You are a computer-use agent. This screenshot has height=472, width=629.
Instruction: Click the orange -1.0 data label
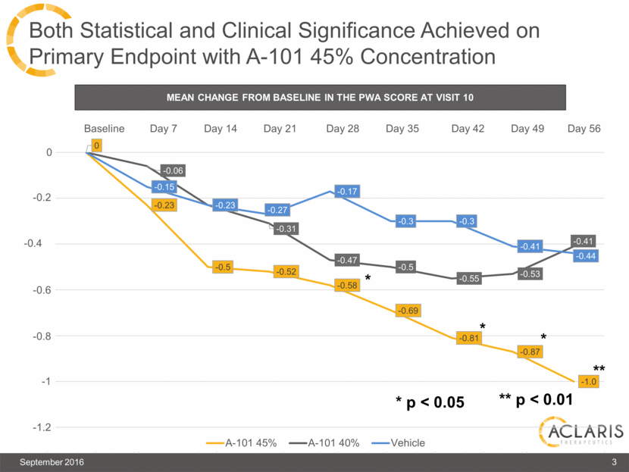pos(588,381)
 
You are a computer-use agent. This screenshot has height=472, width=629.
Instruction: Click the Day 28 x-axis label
pos(343,129)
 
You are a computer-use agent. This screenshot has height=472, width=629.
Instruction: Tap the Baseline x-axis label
pos(104,129)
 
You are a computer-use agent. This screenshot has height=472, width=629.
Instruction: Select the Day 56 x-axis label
pos(584,129)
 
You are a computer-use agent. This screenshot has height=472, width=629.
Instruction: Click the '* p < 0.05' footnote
pos(429,402)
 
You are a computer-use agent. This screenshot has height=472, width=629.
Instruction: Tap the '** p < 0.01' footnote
pos(535,400)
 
